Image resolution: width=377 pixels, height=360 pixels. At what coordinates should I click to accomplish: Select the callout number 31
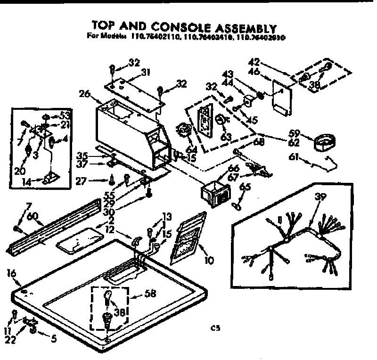(146, 72)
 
